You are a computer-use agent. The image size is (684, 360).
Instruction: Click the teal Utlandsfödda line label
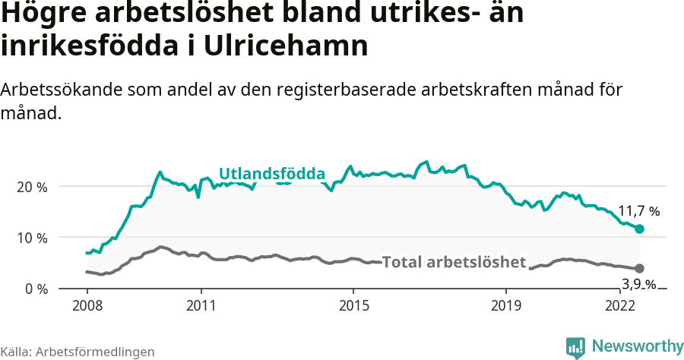[272, 174]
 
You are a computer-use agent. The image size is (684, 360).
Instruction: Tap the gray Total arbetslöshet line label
[454, 263]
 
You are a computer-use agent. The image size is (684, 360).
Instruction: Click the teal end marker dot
[639, 229]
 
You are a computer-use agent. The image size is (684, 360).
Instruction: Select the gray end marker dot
[639, 268]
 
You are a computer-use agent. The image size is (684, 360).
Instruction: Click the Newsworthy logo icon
[575, 347]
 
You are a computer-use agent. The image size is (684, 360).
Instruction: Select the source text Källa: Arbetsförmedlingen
[78, 352]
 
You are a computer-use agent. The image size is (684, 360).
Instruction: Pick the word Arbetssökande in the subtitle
[62, 89]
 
